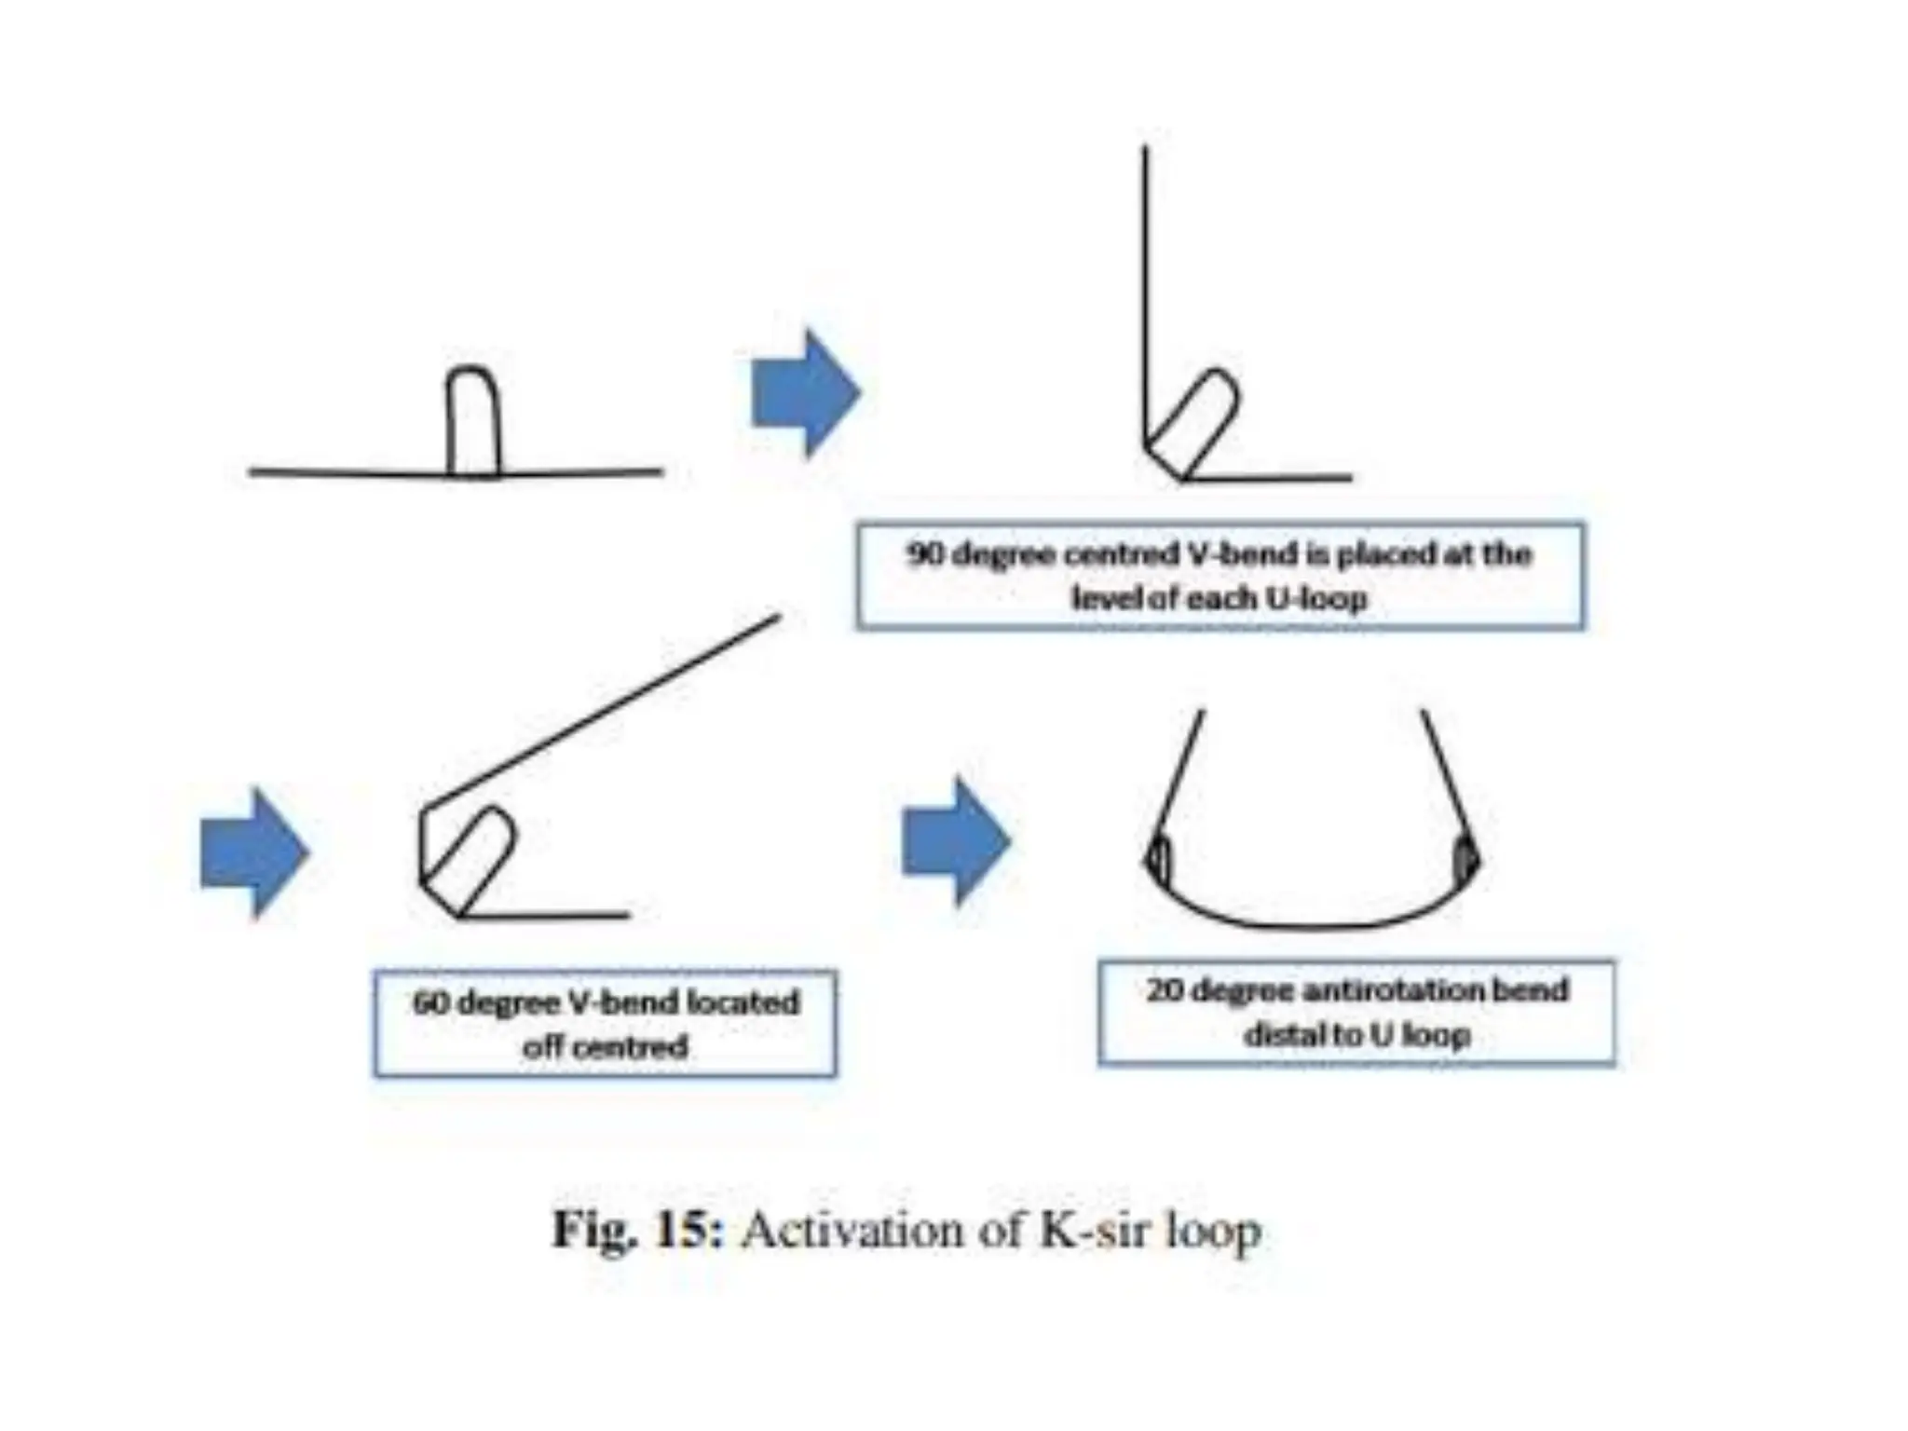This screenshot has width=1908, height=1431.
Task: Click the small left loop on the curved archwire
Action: [x=1158, y=860]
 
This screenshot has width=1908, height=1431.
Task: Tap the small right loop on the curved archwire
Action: [x=1465, y=858]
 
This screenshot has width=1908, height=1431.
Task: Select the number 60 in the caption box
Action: [x=430, y=1003]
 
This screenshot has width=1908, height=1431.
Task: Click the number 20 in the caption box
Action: [x=1165, y=989]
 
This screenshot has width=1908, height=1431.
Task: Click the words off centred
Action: [x=606, y=1047]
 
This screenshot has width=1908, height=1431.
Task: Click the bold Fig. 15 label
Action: [x=637, y=1231]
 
